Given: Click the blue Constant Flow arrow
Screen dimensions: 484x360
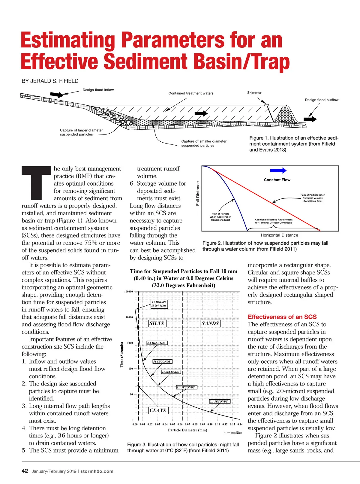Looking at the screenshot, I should (278, 171).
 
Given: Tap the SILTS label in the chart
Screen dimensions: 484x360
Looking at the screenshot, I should (157, 323).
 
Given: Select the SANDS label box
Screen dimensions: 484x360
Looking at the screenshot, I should (210, 323).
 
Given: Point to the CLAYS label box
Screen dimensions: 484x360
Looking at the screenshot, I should (158, 410).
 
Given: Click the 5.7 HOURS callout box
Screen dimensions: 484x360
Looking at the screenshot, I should (159, 304).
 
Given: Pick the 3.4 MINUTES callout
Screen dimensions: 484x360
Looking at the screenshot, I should (156, 343).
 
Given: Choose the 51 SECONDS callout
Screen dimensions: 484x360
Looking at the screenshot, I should (162, 361).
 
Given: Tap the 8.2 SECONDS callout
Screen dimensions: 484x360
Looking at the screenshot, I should (186, 387).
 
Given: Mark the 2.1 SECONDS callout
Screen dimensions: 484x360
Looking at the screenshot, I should (219, 401).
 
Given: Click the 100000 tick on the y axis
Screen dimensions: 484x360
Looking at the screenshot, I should (128, 292).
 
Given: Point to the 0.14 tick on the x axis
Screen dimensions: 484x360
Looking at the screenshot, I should (240, 425).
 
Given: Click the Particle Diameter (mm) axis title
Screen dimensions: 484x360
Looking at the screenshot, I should (183, 430).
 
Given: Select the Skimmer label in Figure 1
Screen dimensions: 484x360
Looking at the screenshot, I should (254, 93).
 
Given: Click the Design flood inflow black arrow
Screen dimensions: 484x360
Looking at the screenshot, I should (56, 94).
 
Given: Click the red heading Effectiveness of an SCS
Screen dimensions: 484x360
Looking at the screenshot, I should (282, 317).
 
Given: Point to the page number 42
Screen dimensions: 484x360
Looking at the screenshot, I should (25, 471).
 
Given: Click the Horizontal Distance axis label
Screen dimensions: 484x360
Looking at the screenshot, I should (279, 235).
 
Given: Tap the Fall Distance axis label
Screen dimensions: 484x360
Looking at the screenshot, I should (198, 194).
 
